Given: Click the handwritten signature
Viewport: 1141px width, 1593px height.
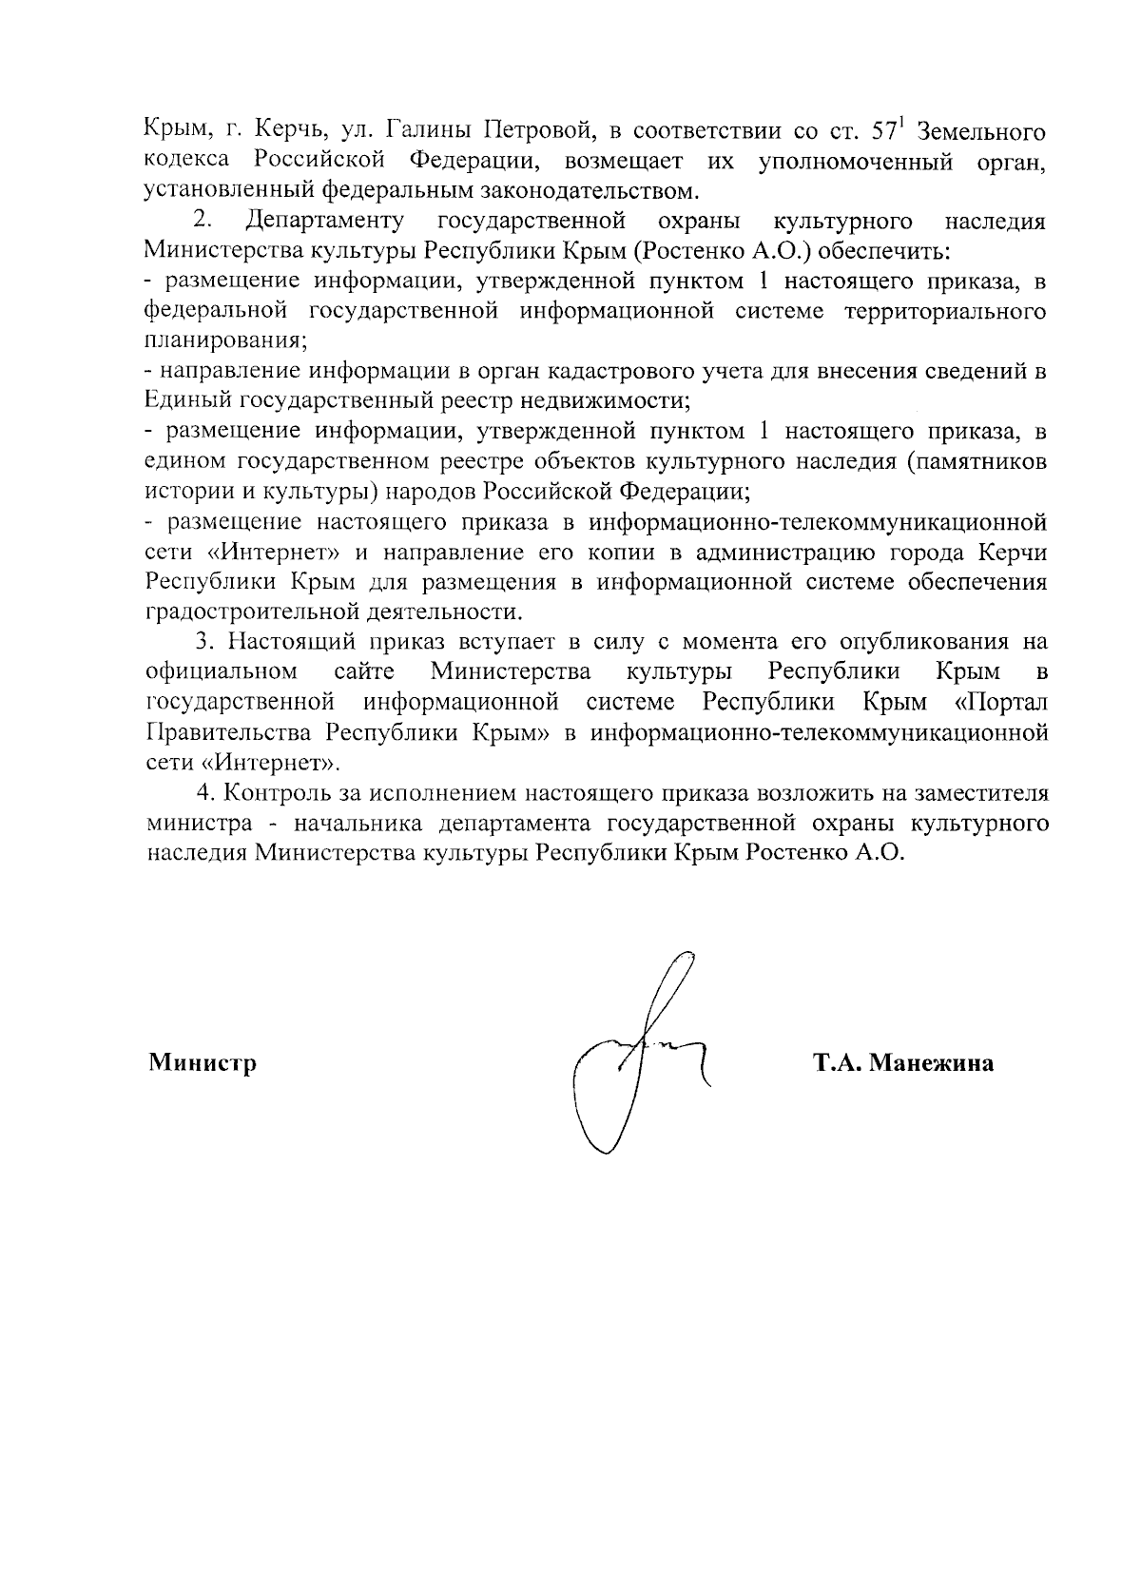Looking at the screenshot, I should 637,1056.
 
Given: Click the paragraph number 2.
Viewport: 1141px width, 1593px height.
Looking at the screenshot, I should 201,222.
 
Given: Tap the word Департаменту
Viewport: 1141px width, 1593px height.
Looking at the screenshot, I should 322,222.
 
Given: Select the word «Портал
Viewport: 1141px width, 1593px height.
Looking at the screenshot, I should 1002,703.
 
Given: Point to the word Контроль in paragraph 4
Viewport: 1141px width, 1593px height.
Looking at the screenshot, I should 275,793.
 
